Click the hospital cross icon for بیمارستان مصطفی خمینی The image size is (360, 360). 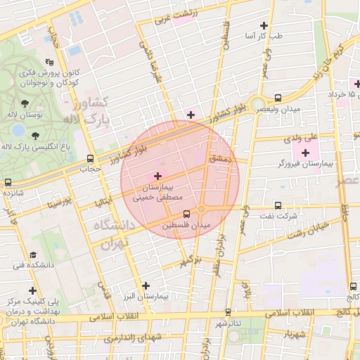tap(157, 176)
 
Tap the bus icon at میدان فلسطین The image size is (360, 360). tap(186, 214)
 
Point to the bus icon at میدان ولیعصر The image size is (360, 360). tap(278, 98)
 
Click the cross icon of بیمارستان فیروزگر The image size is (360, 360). tap(305, 153)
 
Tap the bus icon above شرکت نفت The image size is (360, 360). tap(278, 206)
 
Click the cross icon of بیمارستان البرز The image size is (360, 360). tap(146, 285)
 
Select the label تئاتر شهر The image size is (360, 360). tap(229, 323)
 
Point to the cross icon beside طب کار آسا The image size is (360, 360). tap(264, 25)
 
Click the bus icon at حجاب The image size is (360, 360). tap(89, 159)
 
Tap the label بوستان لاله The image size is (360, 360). tap(30, 114)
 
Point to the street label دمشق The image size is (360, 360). tap(219, 160)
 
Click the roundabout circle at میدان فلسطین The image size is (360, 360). tap(201, 209)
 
